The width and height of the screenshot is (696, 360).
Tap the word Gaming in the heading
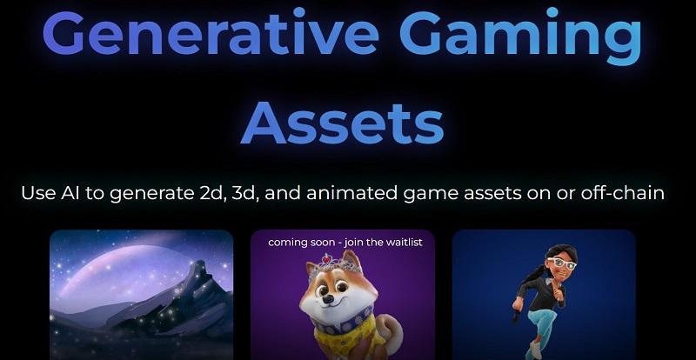tap(520, 37)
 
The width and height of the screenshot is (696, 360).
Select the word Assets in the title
tap(342, 123)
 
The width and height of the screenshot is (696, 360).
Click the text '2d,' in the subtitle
tap(216, 193)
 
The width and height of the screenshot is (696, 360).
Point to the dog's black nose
tap(328, 300)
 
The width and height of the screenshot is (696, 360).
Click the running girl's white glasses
tap(561, 264)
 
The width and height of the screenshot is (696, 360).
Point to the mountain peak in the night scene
tap(195, 266)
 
